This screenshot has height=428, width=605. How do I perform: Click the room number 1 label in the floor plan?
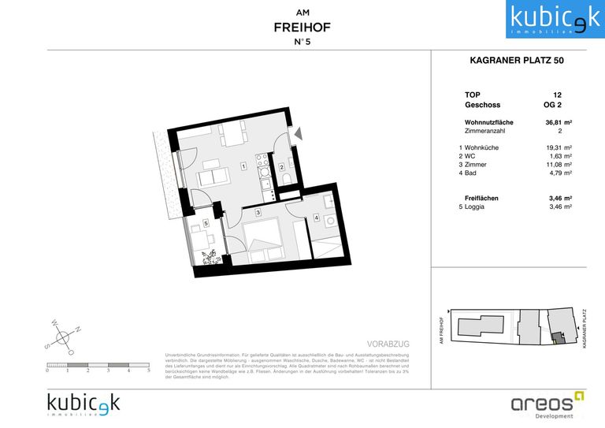(244, 166)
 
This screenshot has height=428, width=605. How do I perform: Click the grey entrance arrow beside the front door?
(297, 135)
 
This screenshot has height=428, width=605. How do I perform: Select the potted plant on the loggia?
(211, 255)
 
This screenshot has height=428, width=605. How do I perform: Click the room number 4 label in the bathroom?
(316, 218)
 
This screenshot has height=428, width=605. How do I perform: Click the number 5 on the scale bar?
(149, 370)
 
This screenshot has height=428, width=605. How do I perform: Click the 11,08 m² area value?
(558, 164)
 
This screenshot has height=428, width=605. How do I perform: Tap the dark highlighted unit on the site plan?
(557, 337)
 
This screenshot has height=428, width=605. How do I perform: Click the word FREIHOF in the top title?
(302, 28)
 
